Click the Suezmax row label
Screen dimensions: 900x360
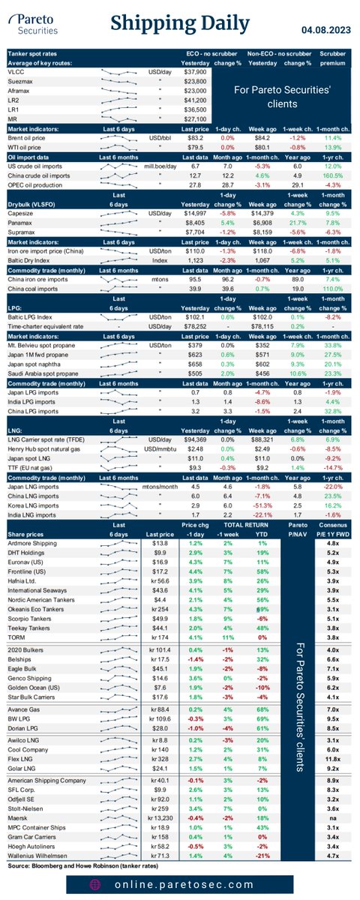pos(23,80)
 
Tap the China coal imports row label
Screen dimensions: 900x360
pos(34,290)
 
